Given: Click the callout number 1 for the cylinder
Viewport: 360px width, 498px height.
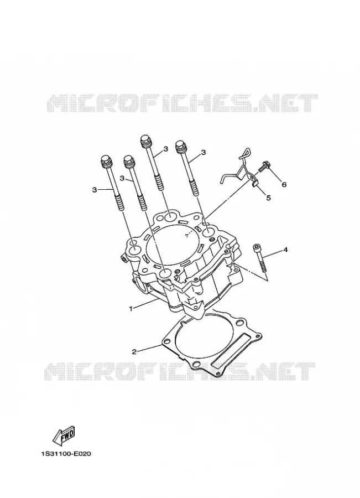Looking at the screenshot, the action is coord(131,308).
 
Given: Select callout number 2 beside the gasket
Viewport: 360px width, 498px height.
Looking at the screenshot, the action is coord(134,351).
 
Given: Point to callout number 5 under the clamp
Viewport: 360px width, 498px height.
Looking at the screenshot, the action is coord(268,198).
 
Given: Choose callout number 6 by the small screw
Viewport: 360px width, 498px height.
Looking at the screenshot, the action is coord(284,184).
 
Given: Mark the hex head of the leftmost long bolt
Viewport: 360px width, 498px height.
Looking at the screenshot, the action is coord(106,160).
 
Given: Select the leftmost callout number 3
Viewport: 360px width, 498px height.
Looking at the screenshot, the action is coord(94,190).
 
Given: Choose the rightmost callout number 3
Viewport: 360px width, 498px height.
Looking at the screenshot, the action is coord(203,153).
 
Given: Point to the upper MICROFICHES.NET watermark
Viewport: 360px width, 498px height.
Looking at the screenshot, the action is coord(182,103).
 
